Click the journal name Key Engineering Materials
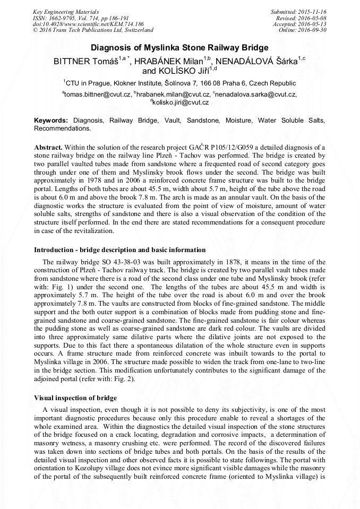(x=66, y=11)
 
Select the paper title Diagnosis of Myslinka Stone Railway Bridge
(x=179, y=48)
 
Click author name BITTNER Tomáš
(x=85, y=62)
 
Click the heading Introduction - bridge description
(x=119, y=249)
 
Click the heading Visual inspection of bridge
(x=75, y=398)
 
